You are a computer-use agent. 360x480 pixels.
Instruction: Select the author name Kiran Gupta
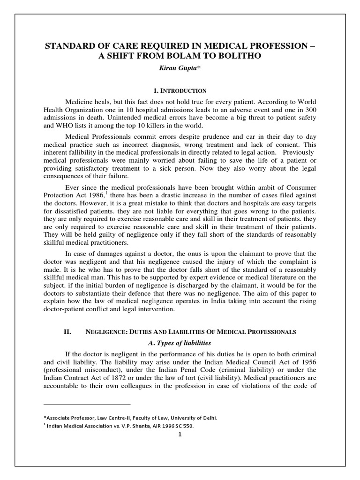pyautogui.click(x=180, y=68)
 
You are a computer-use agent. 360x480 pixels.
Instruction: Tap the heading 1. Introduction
pyautogui.click(x=180, y=90)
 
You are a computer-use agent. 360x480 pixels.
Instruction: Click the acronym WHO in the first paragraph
pyautogui.click(x=58, y=127)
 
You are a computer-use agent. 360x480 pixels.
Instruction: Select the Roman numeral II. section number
pyautogui.click(x=67, y=331)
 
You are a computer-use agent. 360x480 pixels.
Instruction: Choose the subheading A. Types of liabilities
pyautogui.click(x=180, y=344)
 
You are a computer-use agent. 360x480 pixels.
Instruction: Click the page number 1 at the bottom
pyautogui.click(x=180, y=435)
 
